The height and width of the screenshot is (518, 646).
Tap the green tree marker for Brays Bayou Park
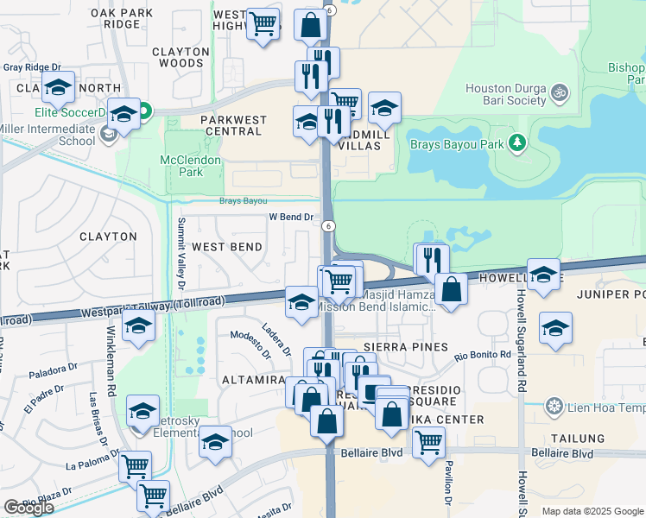click(517, 142)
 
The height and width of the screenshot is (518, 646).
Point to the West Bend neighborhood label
click(226, 247)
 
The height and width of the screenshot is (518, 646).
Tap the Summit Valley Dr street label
click(181, 252)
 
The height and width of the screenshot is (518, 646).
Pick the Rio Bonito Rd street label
click(484, 355)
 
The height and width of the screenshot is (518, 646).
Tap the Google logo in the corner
click(28, 508)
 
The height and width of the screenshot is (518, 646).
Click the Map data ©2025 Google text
click(592, 511)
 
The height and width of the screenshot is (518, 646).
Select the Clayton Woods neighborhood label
click(180, 57)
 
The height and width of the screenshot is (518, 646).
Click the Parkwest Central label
click(231, 125)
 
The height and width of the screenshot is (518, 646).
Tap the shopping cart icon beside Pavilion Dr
click(428, 442)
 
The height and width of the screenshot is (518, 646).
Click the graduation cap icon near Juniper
click(555, 327)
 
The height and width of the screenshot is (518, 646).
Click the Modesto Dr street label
click(250, 344)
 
